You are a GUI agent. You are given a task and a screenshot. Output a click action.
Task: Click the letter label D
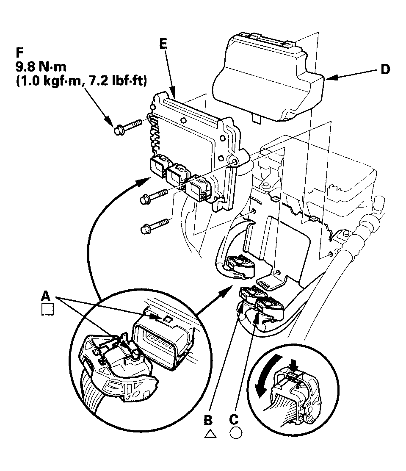coord(385,69)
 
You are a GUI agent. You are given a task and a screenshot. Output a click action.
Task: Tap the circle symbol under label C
coord(235,433)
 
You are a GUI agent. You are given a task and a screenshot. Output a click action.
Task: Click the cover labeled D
coord(271,76)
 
